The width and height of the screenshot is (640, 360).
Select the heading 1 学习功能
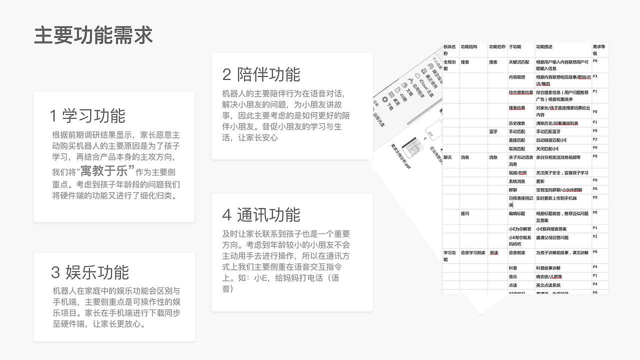(87, 115)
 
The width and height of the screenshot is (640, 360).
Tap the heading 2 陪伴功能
(261, 74)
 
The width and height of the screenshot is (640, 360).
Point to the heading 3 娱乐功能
(90, 272)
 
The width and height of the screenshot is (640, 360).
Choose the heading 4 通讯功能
(261, 215)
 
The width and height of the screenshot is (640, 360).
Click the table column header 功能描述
(544, 47)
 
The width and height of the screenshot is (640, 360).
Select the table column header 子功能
(514, 47)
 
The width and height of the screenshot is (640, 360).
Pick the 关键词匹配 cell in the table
(518, 62)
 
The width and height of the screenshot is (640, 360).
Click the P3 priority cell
(595, 76)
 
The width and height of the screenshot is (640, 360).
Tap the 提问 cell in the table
(464, 213)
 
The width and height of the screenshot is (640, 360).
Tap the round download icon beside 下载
(385, 99)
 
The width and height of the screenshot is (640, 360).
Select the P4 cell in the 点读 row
(595, 284)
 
